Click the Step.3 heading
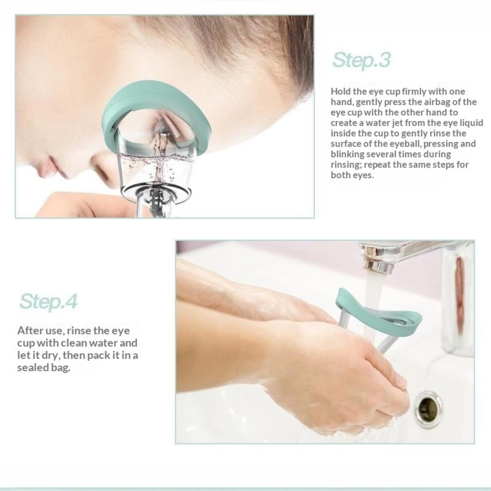[361, 60]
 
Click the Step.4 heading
[48, 301]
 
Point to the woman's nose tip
[44, 167]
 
